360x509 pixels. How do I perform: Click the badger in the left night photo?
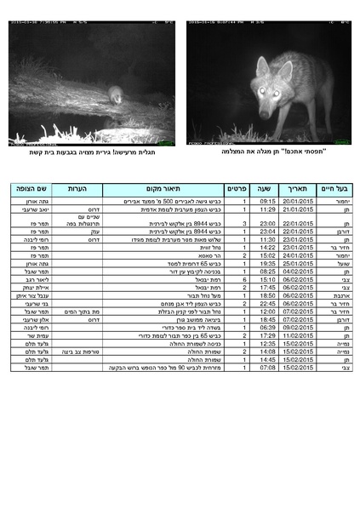[116, 94]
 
